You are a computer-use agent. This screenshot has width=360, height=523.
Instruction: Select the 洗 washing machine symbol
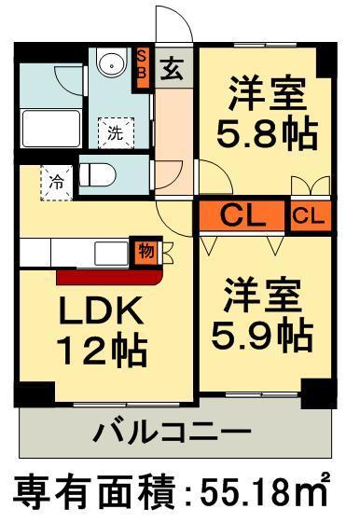[116, 131]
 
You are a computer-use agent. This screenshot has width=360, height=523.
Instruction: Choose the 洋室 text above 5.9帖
[261, 296]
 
